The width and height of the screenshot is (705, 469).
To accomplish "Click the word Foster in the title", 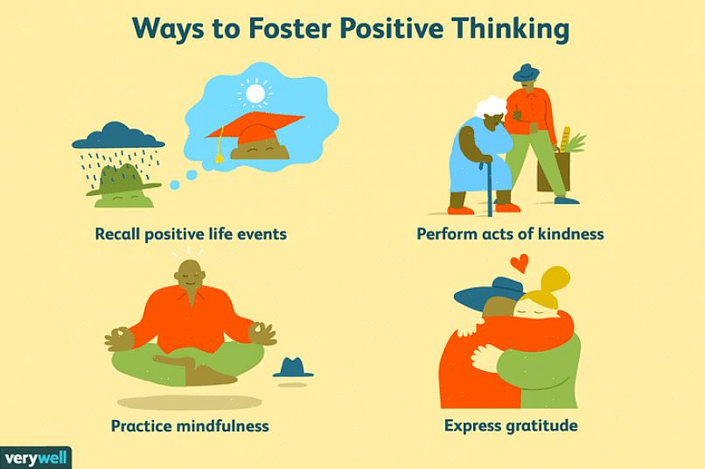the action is click(x=290, y=29).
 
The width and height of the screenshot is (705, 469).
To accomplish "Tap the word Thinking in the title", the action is click(x=510, y=30).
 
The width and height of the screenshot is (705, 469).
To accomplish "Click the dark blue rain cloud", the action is click(x=118, y=136).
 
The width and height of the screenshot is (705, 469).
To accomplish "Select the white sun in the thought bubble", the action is click(x=255, y=94).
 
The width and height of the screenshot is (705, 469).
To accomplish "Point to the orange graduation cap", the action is click(x=255, y=129).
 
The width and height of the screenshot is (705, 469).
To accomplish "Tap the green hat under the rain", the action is click(x=123, y=180).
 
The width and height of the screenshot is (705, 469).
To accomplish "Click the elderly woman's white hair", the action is click(x=490, y=107).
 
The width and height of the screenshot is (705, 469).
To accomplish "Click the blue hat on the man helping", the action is click(x=526, y=73).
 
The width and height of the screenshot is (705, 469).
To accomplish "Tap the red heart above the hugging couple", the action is click(x=520, y=263).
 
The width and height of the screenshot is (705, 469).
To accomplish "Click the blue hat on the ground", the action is click(x=293, y=367).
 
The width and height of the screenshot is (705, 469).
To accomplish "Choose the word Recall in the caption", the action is click(x=117, y=234).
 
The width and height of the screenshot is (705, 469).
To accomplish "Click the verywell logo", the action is click(x=36, y=458).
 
